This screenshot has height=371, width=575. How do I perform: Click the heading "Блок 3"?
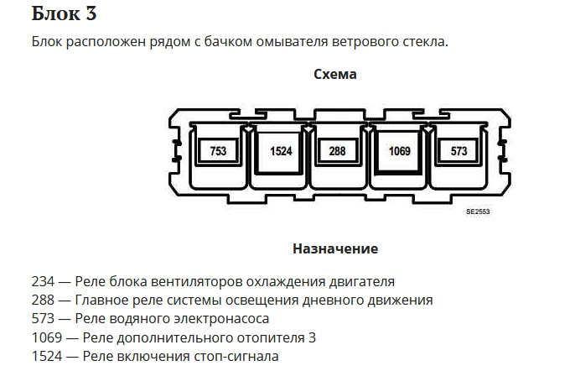coord(64,13)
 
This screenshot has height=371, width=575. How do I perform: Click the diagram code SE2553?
coord(478,212)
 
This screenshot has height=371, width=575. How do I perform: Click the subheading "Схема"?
coord(335,74)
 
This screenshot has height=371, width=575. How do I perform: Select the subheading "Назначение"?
coord(335,248)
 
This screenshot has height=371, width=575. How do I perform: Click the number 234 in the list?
coord(43,282)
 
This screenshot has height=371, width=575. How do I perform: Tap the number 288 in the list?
coord(43,300)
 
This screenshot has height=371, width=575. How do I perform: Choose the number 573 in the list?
coord(43,318)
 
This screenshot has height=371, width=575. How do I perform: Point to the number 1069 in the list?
coord(47,337)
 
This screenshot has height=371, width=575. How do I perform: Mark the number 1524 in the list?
coord(47,356)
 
